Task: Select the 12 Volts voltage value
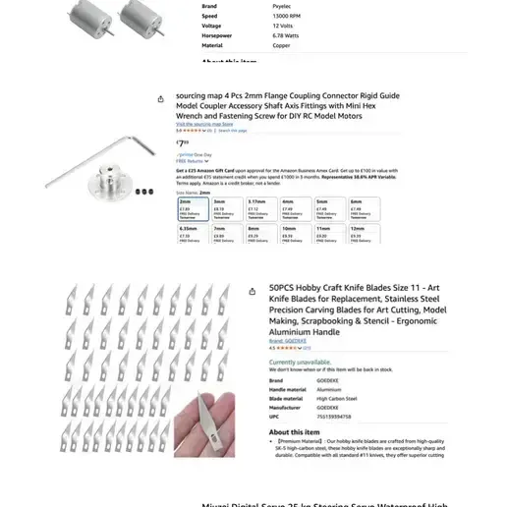pos(282,26)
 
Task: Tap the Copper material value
pos(281,45)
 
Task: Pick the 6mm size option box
pos(362,207)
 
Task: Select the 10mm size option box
pos(293,233)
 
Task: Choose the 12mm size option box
pos(362,233)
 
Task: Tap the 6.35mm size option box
pos(191,233)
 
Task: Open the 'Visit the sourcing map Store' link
pos(204,125)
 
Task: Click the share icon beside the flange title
pos(161,98)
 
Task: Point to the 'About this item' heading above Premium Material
pos(294,431)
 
